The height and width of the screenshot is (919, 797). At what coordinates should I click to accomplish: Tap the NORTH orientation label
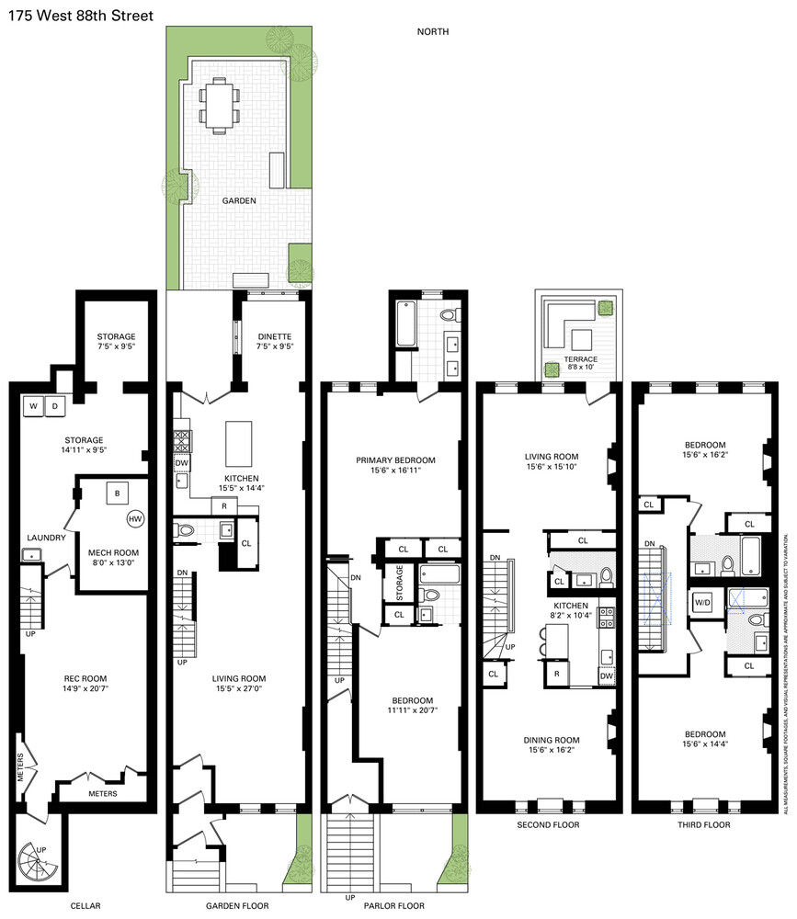pos(432,32)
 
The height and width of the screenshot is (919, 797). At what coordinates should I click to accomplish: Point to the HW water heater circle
pos(136,520)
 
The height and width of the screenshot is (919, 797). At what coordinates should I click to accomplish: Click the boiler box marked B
pos(117,493)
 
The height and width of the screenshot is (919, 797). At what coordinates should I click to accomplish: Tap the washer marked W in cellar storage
pos(32,405)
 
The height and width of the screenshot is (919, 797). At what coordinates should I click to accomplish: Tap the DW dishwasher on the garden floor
pos(181,463)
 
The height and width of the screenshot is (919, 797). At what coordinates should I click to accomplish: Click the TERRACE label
pos(581,358)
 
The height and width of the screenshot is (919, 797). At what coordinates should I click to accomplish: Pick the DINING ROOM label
pos(549,713)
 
